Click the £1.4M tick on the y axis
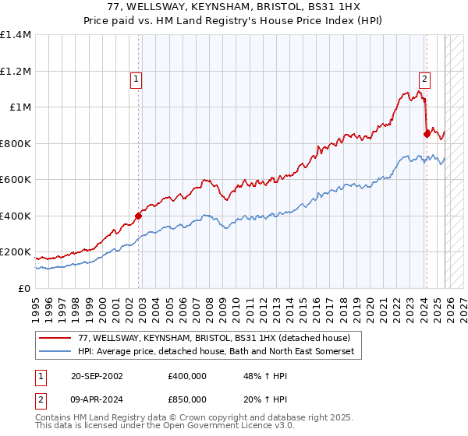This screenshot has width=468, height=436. tap(16, 35)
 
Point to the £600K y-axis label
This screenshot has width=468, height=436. tap(16, 179)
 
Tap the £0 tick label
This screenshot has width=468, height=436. tap(25, 288)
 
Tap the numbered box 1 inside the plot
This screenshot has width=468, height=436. tap(136, 78)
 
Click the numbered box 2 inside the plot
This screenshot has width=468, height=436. tap(424, 78)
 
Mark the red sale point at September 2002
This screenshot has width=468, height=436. tap(139, 216)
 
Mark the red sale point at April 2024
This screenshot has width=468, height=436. tap(427, 134)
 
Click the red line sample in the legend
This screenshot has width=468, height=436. tap(56, 338)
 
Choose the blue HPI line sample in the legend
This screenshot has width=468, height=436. tap(56, 352)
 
